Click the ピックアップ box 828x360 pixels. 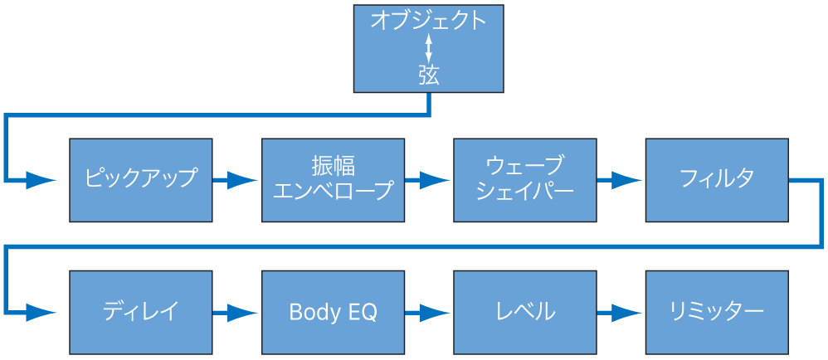(x=140, y=179)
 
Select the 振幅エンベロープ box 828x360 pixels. (x=333, y=179)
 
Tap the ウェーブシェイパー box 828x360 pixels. (x=524, y=179)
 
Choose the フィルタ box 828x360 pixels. (x=716, y=179)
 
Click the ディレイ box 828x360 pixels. (x=140, y=313)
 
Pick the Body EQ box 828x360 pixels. (x=333, y=313)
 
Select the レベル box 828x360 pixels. (x=524, y=313)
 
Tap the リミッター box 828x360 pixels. (x=716, y=313)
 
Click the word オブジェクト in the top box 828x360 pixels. (x=428, y=21)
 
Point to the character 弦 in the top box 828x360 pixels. (x=428, y=75)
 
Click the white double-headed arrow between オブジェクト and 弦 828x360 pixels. (x=428, y=48)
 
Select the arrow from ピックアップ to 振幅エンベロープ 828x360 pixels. (x=237, y=179)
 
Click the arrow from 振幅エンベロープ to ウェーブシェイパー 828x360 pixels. (x=429, y=179)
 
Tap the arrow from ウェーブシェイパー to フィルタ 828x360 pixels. (x=621, y=179)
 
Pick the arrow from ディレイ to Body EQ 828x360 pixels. (x=237, y=313)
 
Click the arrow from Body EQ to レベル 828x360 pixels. (x=429, y=313)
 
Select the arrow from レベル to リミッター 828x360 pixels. (x=621, y=313)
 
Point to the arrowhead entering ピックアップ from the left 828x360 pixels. (x=41, y=179)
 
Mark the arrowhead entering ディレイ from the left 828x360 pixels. (x=41, y=313)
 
